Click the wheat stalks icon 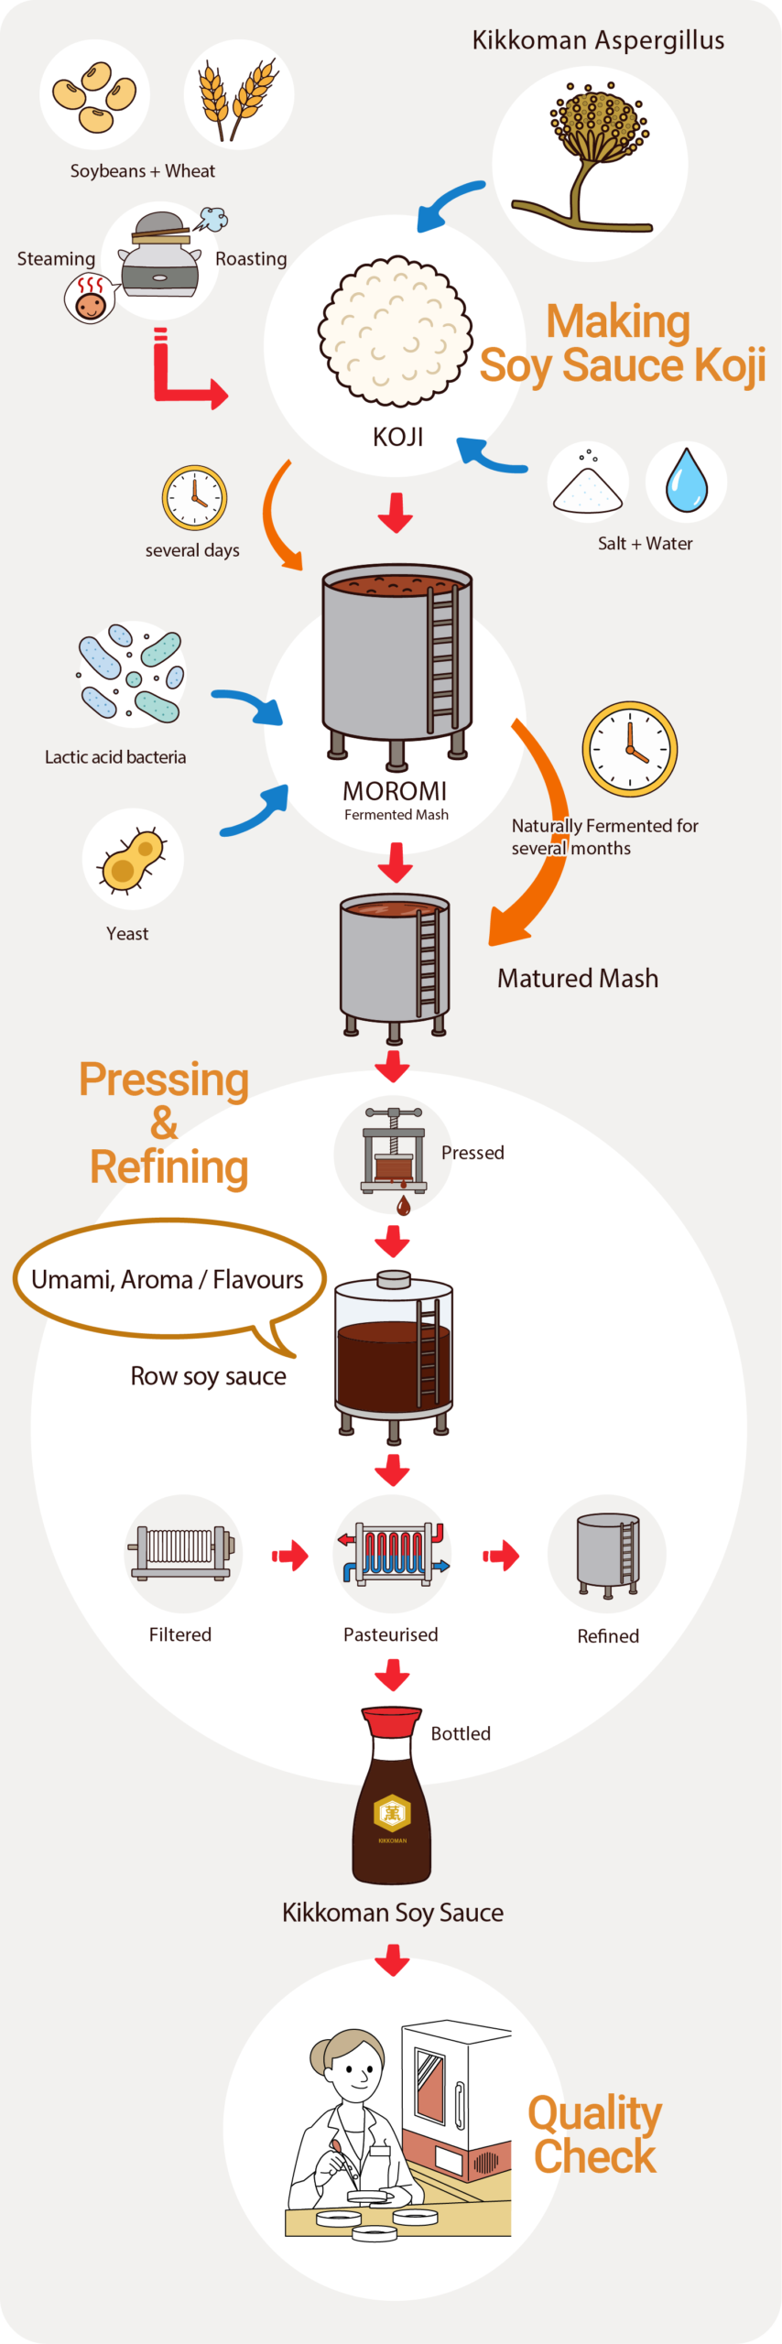coord(238,99)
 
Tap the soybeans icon coord(94,96)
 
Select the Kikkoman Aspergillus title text coord(598,40)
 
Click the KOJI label coord(397,437)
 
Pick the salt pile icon coord(587,482)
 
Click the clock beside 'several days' coord(194,498)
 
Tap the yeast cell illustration coord(134,860)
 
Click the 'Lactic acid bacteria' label coord(115,757)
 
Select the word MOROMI coord(395,790)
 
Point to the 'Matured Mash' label coord(578,978)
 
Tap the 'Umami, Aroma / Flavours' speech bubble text coord(168,1279)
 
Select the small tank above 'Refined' coord(607,1555)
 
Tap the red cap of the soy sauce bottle coord(392,1722)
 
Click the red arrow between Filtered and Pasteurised coord(290,1555)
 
